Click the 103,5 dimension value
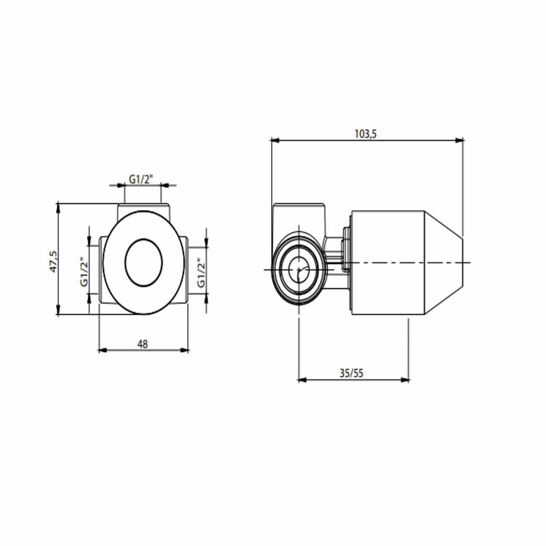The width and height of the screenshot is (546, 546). (366, 134)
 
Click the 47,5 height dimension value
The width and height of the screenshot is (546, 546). (54, 261)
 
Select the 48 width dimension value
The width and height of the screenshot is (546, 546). (143, 344)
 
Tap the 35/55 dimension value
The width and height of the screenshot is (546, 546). (351, 373)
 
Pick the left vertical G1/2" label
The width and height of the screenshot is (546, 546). (84, 271)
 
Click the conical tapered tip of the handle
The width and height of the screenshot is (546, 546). (445, 262)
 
